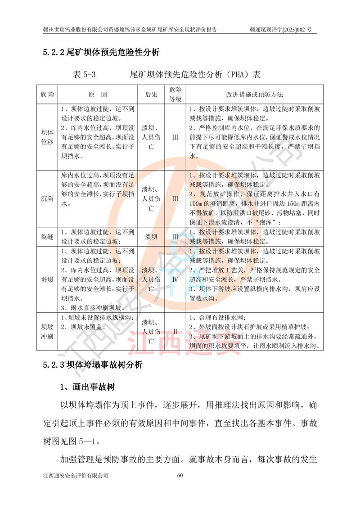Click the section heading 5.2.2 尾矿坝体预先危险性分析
click(101, 53)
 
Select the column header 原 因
click(98, 95)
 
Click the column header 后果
click(151, 95)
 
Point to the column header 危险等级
click(175, 95)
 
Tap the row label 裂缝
click(47, 236)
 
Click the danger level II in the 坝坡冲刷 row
click(175, 332)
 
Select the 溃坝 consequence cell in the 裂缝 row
click(151, 236)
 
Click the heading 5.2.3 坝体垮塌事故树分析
click(93, 365)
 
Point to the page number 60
click(180, 475)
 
